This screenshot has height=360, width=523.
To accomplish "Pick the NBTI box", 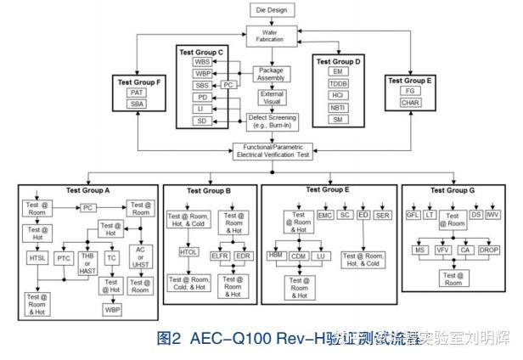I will point(338,108).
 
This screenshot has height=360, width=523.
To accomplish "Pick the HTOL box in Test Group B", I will point(188,252).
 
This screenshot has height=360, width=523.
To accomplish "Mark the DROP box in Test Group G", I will point(489,250).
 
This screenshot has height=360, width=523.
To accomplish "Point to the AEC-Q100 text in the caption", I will point(230,337).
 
